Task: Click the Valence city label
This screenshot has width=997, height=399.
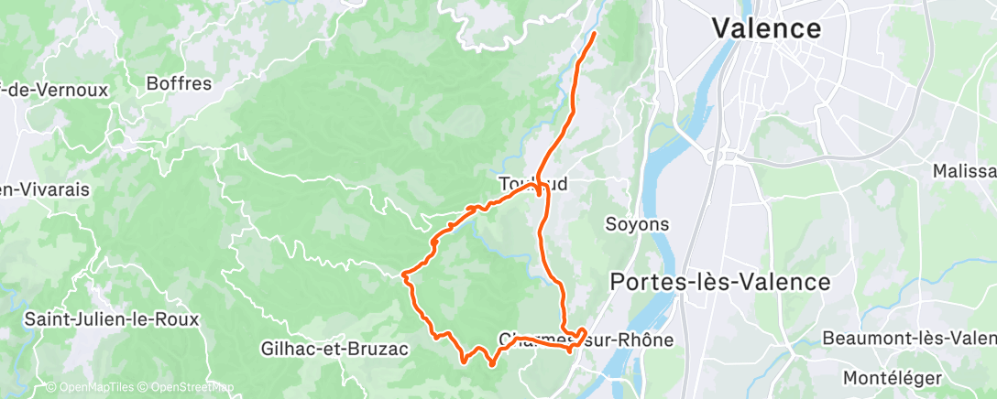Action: pos(766,27)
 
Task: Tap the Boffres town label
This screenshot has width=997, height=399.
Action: pos(179,84)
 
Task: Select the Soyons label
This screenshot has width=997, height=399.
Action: pos(637,223)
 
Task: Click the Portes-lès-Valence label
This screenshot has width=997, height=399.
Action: pos(720,282)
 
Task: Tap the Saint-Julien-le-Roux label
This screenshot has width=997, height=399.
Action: pos(111,319)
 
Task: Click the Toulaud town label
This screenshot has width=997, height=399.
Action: pos(533,184)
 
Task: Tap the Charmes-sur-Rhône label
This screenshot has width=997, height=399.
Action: pos(586,340)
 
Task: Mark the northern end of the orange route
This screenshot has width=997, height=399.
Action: pos(594,34)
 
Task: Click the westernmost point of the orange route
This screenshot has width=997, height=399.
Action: pos(403,273)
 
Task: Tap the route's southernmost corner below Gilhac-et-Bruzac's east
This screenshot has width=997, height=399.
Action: pos(465,361)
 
